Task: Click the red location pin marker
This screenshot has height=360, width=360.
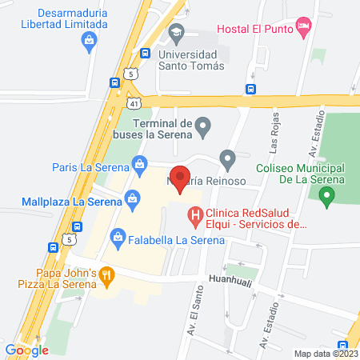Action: coord(180,178)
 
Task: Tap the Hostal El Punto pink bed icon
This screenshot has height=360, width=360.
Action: coord(304,28)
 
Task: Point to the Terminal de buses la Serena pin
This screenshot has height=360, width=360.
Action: coord(204,125)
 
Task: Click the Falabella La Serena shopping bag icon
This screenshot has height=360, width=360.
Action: coord(118,238)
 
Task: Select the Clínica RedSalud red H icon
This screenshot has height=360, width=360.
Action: coord(194,214)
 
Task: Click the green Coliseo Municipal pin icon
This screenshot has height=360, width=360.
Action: coord(326,199)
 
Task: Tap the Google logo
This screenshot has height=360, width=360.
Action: coord(26,350)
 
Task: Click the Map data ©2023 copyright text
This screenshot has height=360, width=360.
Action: coord(326,354)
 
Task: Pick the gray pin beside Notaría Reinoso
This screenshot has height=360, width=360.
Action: coord(228,161)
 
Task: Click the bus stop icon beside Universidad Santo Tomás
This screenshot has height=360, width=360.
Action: coord(145,54)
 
